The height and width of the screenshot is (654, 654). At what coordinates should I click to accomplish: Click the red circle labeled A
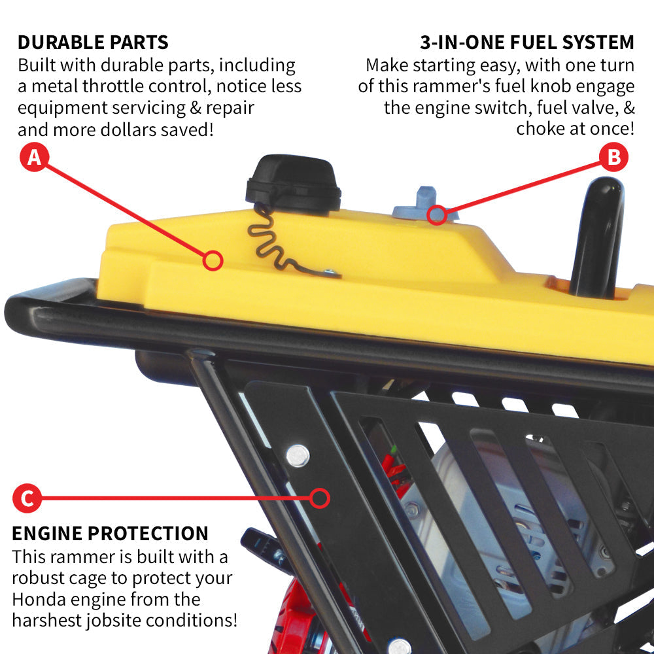click(34, 158)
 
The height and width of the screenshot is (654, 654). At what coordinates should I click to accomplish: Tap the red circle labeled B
click(614, 158)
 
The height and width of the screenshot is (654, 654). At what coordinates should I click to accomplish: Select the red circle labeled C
click(27, 499)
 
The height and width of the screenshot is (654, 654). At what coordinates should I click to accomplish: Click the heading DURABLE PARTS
click(93, 43)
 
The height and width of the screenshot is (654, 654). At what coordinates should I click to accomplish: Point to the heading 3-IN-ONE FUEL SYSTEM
click(527, 43)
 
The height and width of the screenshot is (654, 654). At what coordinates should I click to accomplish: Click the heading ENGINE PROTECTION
click(110, 533)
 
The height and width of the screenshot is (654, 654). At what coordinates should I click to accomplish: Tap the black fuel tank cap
click(294, 183)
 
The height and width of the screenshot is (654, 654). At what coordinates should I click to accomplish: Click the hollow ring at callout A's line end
click(213, 261)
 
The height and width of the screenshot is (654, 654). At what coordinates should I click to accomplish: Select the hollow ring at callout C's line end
click(320, 499)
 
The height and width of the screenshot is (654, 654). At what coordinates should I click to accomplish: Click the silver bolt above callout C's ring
click(298, 455)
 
